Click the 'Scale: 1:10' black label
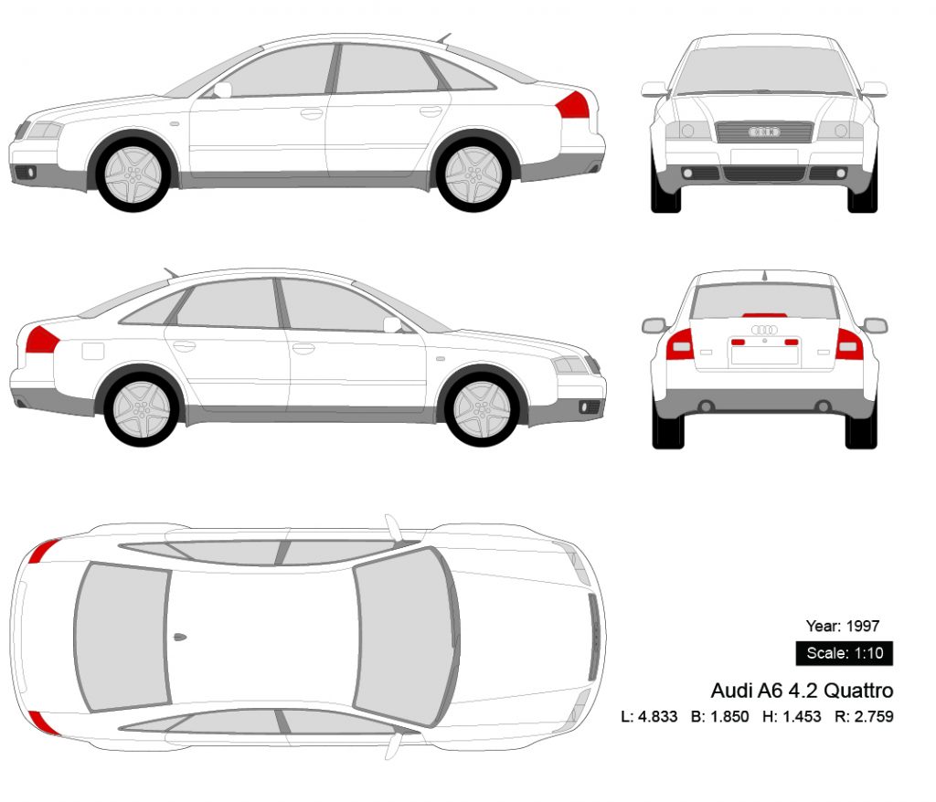pyautogui.click(x=844, y=653)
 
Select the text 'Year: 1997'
pyautogui.click(x=842, y=626)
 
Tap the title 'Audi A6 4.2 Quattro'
pyautogui.click(x=802, y=690)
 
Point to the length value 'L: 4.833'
pyautogui.click(x=649, y=716)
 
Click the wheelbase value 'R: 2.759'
pyautogui.click(x=864, y=716)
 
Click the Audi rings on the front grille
pyautogui.click(x=764, y=132)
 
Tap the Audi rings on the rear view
pyautogui.click(x=764, y=330)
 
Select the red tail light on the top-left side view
pyautogui.click(x=573, y=106)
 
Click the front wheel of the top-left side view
pyautogui.click(x=135, y=174)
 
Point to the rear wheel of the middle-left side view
pyautogui.click(x=141, y=408)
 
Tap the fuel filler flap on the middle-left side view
pyautogui.click(x=94, y=350)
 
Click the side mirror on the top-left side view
pyautogui.click(x=222, y=90)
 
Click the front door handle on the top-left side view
pyautogui.click(x=312, y=114)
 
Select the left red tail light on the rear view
pyautogui.click(x=679, y=344)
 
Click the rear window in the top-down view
pyautogui.click(x=122, y=637)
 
